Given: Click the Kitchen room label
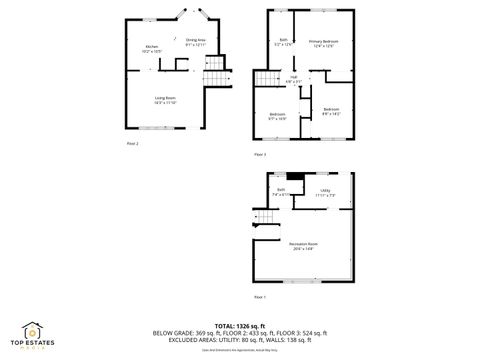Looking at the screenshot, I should (x=152, y=48).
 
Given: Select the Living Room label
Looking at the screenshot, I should (x=165, y=99).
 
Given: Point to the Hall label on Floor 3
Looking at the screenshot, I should (x=296, y=79).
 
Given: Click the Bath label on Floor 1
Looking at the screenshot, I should (x=282, y=192).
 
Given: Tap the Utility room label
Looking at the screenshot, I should (x=325, y=192).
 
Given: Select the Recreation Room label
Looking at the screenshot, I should (x=304, y=246).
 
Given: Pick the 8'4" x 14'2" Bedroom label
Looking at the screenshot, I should (x=332, y=110).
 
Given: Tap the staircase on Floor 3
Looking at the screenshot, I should (x=266, y=80).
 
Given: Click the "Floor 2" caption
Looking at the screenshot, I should (x=132, y=144).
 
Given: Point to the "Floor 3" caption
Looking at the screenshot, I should (x=260, y=155).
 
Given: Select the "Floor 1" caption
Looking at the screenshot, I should (x=260, y=297).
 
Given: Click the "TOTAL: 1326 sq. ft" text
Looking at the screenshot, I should (x=240, y=326).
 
